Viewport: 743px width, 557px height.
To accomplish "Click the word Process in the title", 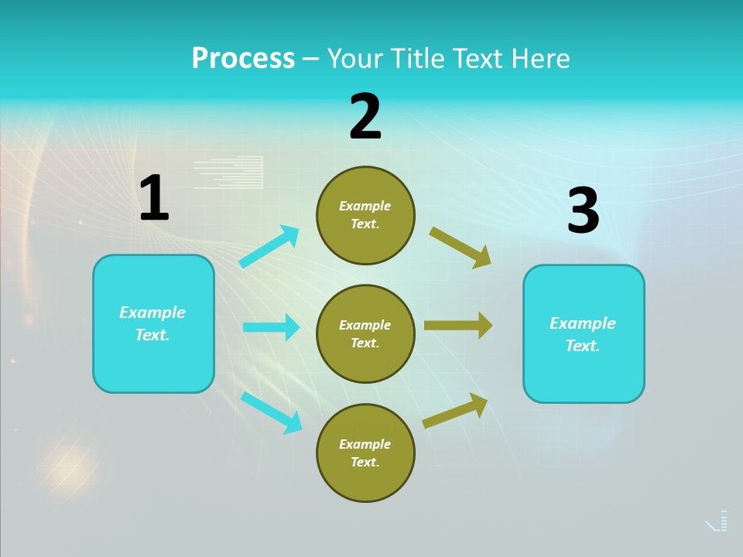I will coord(243,59).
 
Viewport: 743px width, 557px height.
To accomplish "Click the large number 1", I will coord(154,199).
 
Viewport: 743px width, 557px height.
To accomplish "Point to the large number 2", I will coord(365,118).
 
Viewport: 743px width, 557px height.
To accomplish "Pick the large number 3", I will coord(583,211).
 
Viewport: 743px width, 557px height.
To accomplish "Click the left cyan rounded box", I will coord(153,323).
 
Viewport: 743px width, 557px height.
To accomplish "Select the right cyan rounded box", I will coord(584,333).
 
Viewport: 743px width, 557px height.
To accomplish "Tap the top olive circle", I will coord(365,215).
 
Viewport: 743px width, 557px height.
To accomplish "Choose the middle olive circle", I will coord(365,333).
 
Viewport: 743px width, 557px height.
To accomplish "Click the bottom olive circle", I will coord(365,453).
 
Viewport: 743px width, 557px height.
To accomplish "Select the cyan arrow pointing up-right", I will coord(269,247).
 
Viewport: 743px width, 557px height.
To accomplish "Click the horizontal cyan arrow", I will coord(271,327).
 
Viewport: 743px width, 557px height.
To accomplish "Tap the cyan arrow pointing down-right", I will coord(271,412).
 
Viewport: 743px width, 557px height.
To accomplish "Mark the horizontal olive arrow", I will coord(458,326).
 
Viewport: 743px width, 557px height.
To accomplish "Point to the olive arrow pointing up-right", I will coord(455,410).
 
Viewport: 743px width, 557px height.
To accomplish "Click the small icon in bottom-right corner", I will coord(717,522).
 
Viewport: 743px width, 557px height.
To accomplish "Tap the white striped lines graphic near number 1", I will coord(228,173).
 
